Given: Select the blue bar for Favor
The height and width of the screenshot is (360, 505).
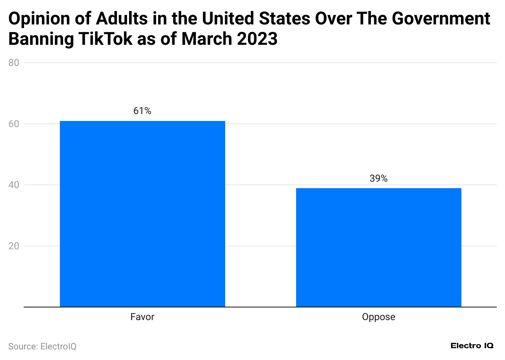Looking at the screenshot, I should tap(142, 214).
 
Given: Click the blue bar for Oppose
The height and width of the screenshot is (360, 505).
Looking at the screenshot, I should tap(378, 247).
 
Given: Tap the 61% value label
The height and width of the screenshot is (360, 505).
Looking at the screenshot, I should tap(142, 111).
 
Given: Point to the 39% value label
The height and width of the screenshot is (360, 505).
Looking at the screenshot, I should tap(378, 178).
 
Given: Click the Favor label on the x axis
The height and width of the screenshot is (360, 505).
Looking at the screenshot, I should tap(142, 317).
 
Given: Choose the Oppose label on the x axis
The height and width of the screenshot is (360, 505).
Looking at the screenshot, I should tap(378, 317).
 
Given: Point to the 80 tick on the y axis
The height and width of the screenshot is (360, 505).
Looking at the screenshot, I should tap(15, 63).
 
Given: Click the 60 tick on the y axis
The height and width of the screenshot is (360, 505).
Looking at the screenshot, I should tap(15, 124).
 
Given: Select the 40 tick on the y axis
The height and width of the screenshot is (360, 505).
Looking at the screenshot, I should tap(15, 185).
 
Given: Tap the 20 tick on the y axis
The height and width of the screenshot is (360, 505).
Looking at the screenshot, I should tap(15, 246).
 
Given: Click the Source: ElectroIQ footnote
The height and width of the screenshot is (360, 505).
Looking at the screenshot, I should tap(42, 346).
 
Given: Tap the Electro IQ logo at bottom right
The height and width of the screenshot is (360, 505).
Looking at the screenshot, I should tap(472, 346).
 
